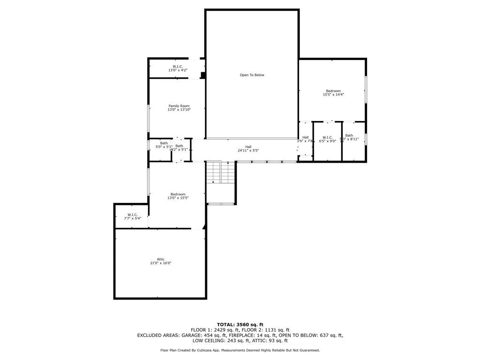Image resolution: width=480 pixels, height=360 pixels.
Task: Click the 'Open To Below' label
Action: (x=252, y=75)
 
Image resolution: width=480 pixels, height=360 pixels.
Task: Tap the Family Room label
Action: (x=179, y=106)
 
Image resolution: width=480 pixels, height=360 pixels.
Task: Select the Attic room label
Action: (x=160, y=259)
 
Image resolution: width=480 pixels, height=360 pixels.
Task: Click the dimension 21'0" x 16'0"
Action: (x=160, y=263)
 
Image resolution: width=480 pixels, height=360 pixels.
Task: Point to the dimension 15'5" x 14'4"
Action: (x=333, y=95)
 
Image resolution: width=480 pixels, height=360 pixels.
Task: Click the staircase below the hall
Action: (x=220, y=172)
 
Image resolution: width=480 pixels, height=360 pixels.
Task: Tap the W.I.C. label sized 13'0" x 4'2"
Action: (x=177, y=70)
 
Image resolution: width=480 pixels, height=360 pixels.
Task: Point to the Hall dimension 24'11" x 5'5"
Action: (x=248, y=151)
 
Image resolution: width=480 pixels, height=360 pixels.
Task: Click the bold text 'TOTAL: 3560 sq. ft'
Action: (x=240, y=324)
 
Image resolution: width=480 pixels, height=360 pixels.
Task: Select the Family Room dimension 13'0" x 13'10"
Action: (x=179, y=110)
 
